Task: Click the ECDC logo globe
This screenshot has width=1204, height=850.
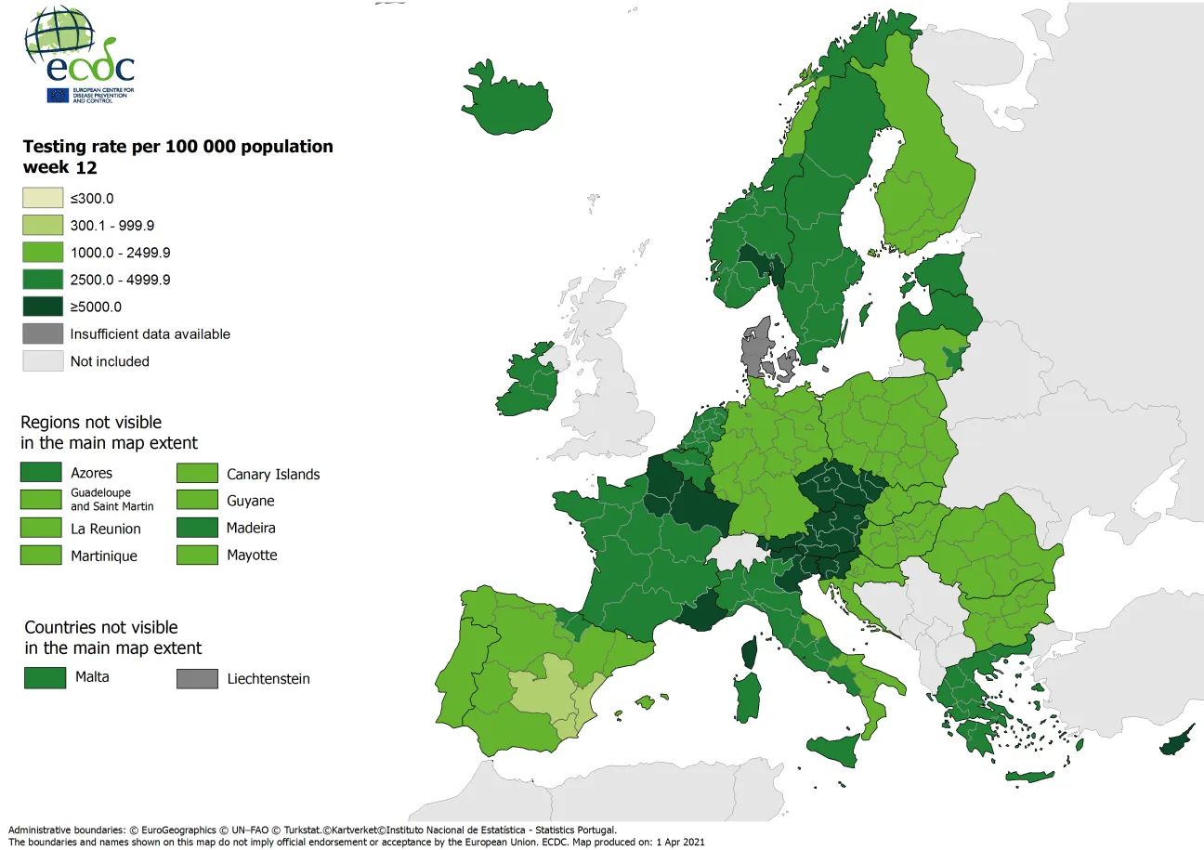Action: pos(59,34)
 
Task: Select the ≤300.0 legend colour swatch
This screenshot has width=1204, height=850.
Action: pos(43,198)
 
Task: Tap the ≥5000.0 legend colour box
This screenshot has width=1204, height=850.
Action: pos(43,307)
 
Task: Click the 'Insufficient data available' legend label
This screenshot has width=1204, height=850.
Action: pos(150,334)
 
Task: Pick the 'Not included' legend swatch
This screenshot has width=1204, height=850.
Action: pos(43,361)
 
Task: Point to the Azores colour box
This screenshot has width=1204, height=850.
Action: pos(41,473)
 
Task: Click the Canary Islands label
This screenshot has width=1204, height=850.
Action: pos(273,475)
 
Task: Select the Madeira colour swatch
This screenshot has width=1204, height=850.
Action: pos(197,529)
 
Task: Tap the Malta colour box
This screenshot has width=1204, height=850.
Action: pos(45,677)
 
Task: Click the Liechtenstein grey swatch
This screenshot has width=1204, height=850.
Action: pos(197,679)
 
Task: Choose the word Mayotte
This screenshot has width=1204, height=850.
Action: pos(252,556)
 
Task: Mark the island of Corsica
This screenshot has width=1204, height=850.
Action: pos(749,650)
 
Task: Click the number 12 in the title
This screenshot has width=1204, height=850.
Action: pos(87,168)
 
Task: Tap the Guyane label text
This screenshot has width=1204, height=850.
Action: pos(251,502)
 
